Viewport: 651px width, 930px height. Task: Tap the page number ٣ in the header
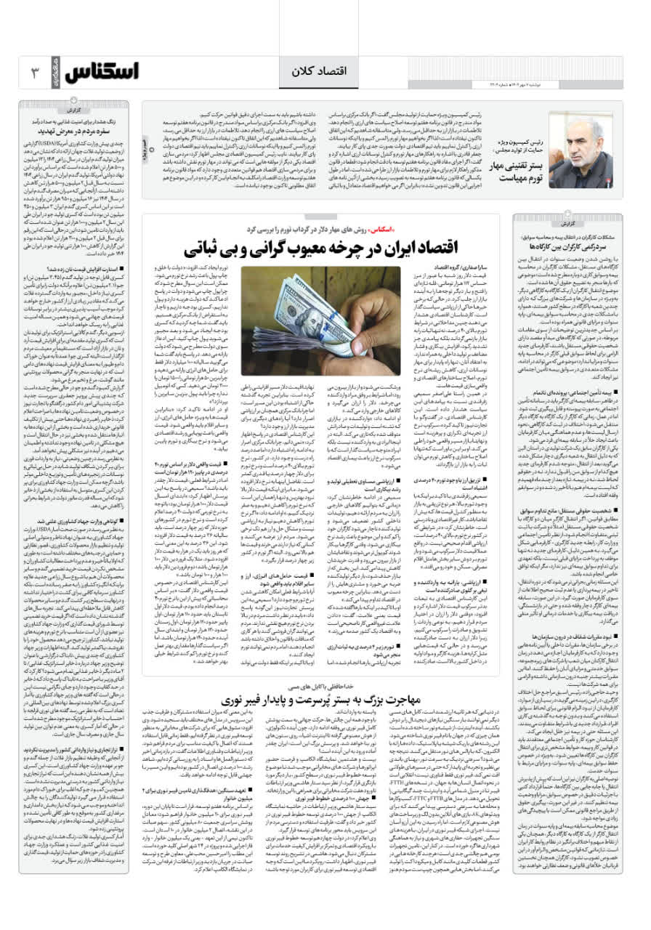click(x=34, y=73)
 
